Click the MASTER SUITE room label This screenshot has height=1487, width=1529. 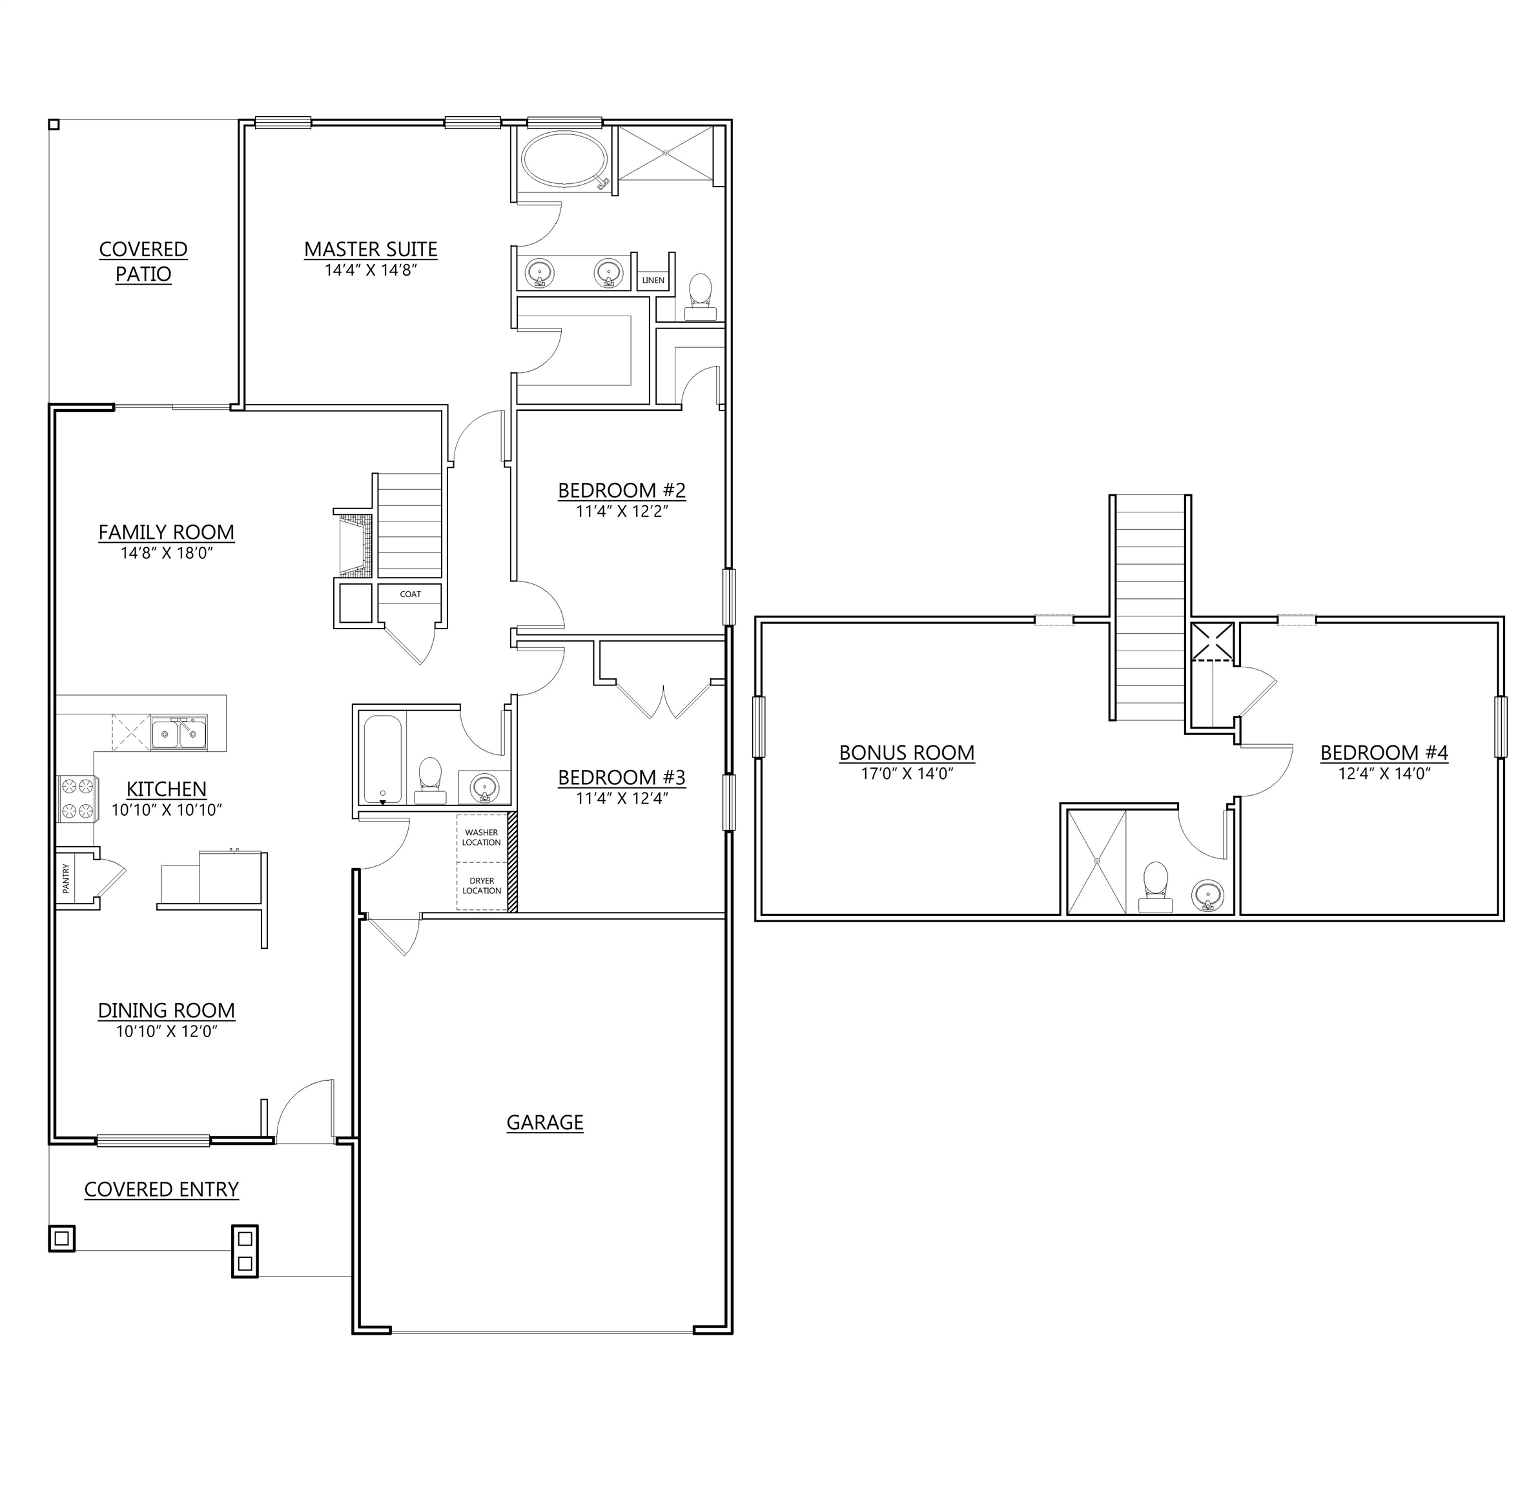click(371, 249)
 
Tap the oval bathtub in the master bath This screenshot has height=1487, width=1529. click(564, 159)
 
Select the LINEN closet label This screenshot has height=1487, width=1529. click(653, 280)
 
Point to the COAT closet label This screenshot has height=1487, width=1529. click(410, 594)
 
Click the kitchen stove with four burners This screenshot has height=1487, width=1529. click(77, 798)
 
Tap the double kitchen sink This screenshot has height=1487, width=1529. click(179, 734)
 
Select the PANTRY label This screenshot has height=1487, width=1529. click(67, 878)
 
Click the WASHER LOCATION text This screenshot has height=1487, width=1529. click(481, 837)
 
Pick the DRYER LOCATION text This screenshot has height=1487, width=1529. click(481, 885)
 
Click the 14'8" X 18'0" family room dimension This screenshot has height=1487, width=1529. click(167, 553)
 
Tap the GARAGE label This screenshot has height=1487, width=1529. click(544, 1122)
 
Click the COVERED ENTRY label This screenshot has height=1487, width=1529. click(161, 1189)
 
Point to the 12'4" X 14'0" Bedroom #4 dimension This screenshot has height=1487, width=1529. click(1384, 773)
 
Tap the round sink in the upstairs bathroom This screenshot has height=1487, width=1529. click(1208, 895)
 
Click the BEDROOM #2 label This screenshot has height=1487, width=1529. click(621, 491)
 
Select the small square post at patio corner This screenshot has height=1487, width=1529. click(54, 124)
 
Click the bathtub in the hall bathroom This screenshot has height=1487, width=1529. click(383, 759)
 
